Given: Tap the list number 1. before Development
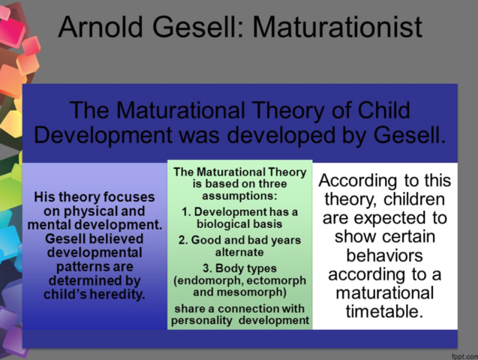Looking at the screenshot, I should tap(187, 211).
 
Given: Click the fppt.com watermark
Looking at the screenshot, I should tap(462, 352).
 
